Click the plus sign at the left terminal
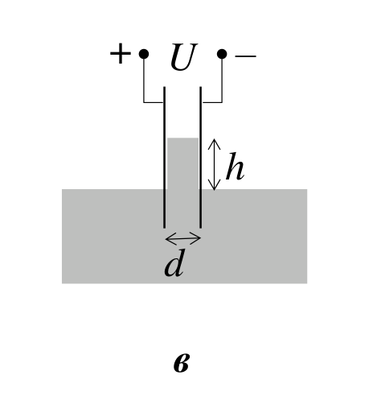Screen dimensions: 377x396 121,54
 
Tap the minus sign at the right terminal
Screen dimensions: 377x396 245,56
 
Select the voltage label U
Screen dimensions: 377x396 184,56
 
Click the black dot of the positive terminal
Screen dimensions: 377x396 144,54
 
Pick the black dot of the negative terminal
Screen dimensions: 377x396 222,54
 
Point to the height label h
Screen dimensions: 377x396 235,167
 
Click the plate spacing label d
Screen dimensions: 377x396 174,263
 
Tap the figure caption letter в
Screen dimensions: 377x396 182,363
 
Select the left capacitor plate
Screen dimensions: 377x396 164,158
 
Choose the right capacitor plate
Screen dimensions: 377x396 200,158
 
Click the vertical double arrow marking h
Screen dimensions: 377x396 214,164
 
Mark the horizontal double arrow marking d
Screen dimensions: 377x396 183,238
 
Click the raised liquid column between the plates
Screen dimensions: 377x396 182,163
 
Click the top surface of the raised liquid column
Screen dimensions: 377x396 182,138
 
